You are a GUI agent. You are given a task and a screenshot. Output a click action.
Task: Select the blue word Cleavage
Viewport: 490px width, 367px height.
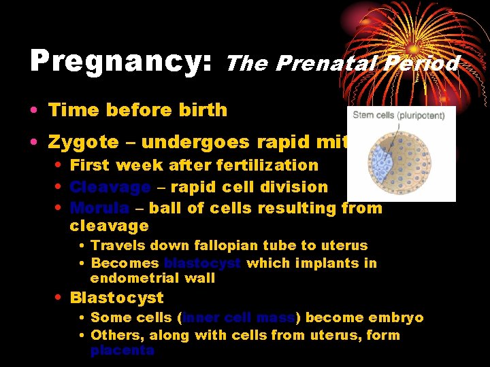pos(110,187)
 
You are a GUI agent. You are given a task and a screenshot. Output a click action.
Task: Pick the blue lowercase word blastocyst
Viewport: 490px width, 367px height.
pos(202,263)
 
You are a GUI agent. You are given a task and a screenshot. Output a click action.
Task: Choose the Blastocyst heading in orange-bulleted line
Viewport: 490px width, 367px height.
pos(116,298)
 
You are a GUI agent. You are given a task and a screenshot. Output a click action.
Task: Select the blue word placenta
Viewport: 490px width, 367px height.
pos(122,351)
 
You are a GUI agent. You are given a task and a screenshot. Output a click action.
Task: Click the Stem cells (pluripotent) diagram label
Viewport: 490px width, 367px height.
pos(399,115)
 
